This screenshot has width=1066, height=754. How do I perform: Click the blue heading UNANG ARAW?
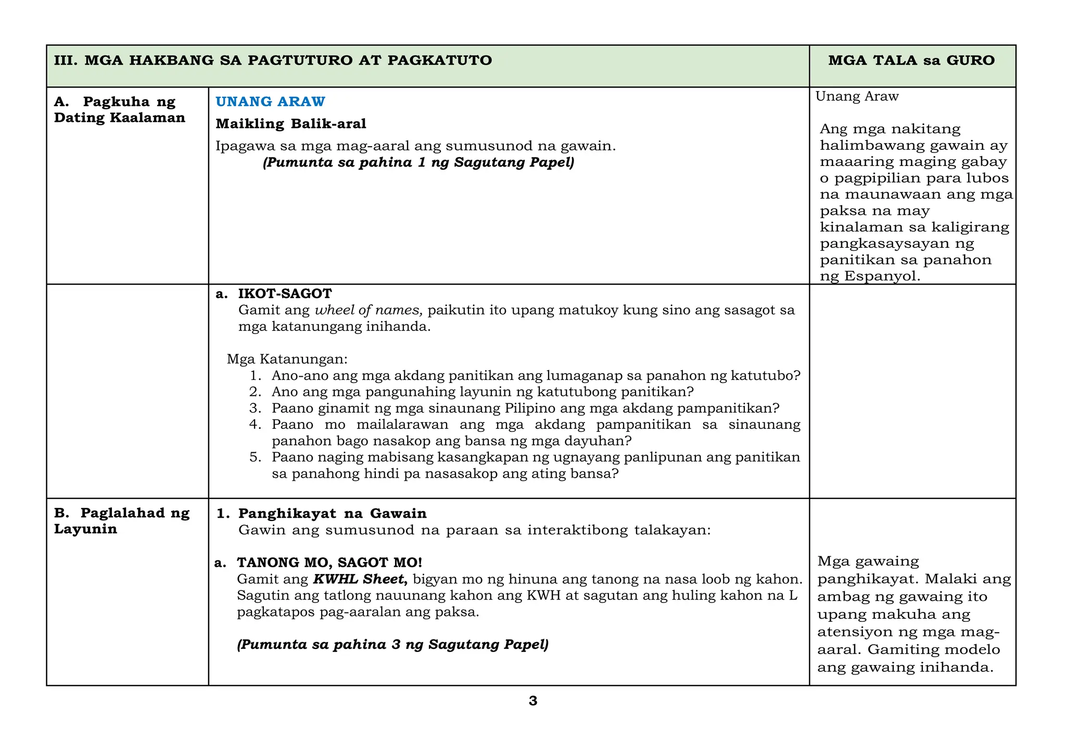click(270, 101)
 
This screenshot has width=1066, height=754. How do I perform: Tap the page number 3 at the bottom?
click(532, 701)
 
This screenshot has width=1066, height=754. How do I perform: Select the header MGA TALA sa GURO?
click(911, 60)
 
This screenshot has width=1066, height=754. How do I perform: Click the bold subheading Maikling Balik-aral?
click(291, 124)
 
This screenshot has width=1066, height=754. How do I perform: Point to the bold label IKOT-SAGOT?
click(285, 293)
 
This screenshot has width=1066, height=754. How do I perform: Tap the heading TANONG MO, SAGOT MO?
click(329, 563)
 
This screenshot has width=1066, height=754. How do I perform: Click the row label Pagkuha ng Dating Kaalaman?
click(120, 109)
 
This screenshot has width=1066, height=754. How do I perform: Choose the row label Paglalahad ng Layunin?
click(122, 521)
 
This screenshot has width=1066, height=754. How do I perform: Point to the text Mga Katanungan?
click(287, 360)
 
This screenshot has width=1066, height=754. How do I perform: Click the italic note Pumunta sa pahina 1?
click(418, 163)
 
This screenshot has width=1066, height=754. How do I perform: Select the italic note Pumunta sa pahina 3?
click(392, 645)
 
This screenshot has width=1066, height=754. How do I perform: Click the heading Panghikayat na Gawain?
click(332, 514)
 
